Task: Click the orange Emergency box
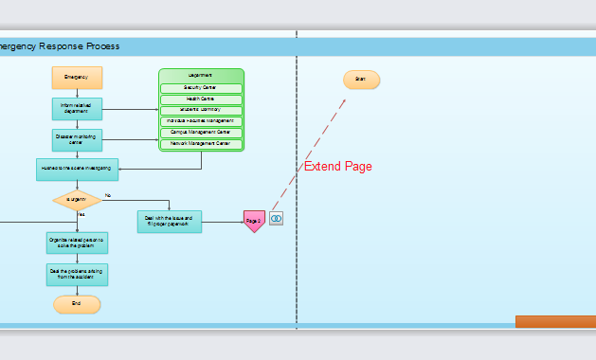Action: coord(77,77)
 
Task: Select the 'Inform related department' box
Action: coord(77,108)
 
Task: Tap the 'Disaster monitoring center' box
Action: coord(77,140)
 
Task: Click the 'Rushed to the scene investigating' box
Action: coord(77,169)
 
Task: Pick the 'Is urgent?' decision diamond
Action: coord(77,199)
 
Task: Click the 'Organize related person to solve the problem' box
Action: coord(77,243)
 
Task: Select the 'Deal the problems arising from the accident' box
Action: coord(77,275)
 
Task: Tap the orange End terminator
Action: coord(77,304)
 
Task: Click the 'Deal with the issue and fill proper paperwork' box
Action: coord(170,222)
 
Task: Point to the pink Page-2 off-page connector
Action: coord(254,221)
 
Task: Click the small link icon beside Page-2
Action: coord(276,219)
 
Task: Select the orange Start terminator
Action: coord(361,80)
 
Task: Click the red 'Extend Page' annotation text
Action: coord(337,167)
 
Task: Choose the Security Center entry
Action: coord(201,88)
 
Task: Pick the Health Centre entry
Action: coord(201,99)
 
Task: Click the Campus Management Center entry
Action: coord(201,133)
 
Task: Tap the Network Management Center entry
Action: coord(201,143)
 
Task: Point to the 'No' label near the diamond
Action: coord(108,195)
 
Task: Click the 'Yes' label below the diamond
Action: coord(81,215)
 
